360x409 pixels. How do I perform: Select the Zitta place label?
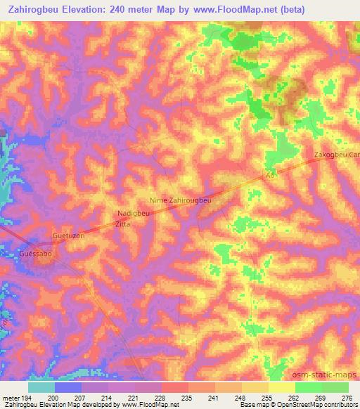pyautogui.click(x=124, y=224)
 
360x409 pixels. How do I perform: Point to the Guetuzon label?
pyautogui.click(x=69, y=237)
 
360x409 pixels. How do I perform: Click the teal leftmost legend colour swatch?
pyautogui.click(x=41, y=387)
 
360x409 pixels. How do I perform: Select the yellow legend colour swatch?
pyautogui.click(x=281, y=387)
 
